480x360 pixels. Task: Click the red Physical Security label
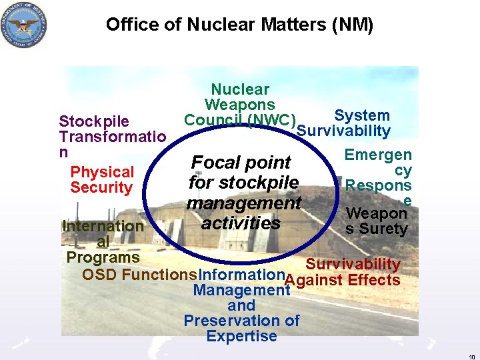[102, 180]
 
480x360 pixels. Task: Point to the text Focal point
[241, 163]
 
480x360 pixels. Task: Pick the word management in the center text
[244, 203]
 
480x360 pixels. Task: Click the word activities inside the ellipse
[241, 223]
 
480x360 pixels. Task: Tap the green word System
[362, 115]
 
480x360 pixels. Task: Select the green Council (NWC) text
[240, 120]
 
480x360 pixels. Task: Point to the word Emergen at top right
[378, 155]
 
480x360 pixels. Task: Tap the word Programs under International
[103, 257]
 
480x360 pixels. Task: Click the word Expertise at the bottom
[241, 336]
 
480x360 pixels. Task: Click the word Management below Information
[241, 290]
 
